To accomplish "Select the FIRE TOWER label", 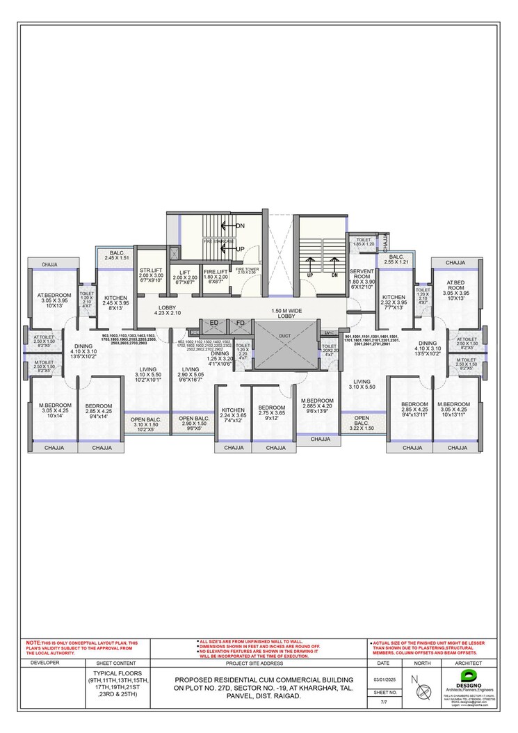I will tap(246, 271).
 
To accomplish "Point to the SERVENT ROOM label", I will tap(362, 278).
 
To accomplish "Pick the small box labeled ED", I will tap(213, 323).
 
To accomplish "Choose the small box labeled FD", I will tap(240, 323).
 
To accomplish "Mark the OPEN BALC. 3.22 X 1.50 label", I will tap(362, 425).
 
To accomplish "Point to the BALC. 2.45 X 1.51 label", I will tap(117, 255).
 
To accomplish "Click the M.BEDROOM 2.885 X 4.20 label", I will tap(316, 406).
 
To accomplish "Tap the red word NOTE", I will tap(33, 643).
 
